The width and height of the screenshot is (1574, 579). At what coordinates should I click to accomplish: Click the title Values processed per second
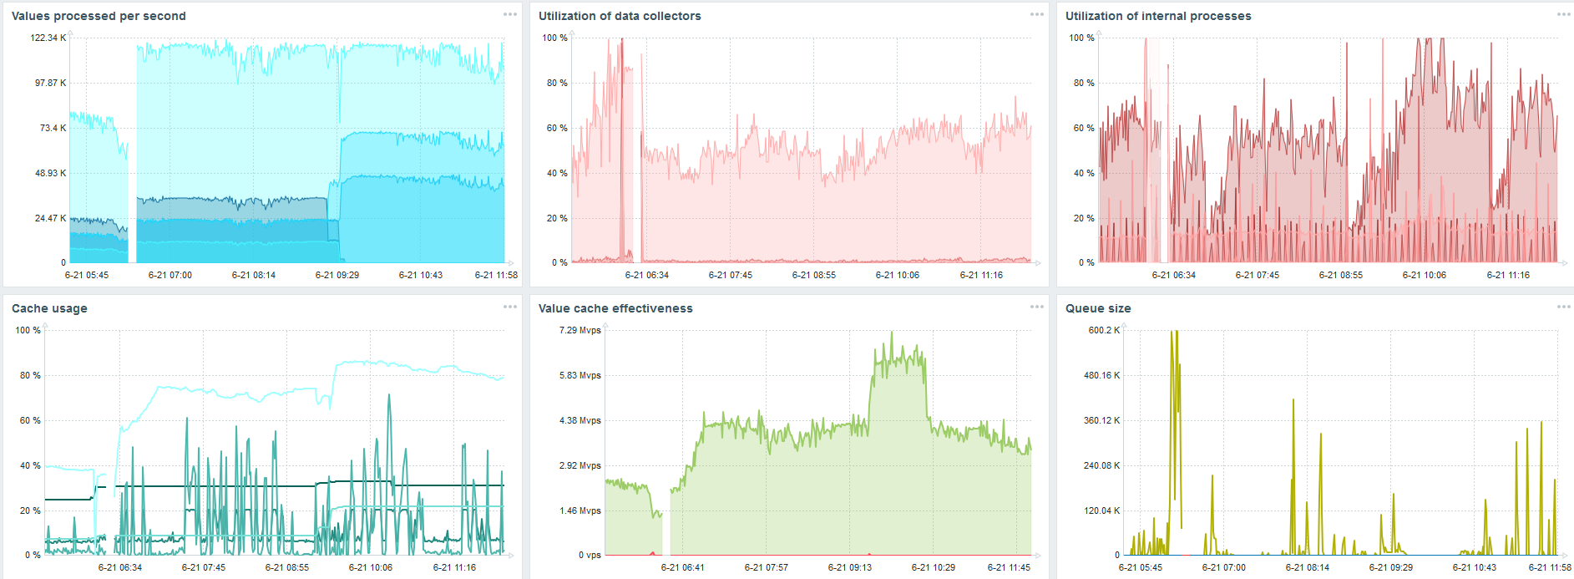pyautogui.click(x=99, y=16)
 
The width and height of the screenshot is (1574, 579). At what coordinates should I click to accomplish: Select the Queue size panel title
pyautogui.click(x=1098, y=308)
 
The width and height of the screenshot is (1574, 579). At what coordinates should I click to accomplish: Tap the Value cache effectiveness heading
pyautogui.click(x=615, y=308)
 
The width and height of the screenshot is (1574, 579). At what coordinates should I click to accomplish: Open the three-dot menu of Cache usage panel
pyautogui.click(x=510, y=307)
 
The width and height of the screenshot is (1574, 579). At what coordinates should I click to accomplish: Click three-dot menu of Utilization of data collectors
pyautogui.click(x=1037, y=14)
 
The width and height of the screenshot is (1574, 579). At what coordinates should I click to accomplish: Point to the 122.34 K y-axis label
pyautogui.click(x=48, y=38)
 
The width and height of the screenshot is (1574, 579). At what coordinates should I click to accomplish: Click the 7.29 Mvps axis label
pyautogui.click(x=580, y=330)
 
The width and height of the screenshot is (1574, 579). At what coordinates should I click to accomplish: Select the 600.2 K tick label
pyautogui.click(x=1104, y=330)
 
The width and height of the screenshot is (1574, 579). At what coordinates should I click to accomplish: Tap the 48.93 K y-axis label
pyautogui.click(x=50, y=173)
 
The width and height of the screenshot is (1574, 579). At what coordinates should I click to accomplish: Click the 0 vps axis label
pyautogui.click(x=590, y=555)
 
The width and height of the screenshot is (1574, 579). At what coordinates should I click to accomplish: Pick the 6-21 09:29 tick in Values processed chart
pyautogui.click(x=337, y=275)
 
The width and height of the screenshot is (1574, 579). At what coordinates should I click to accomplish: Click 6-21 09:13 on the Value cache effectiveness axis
pyautogui.click(x=849, y=567)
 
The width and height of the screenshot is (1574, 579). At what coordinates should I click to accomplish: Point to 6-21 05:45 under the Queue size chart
pyautogui.click(x=1140, y=567)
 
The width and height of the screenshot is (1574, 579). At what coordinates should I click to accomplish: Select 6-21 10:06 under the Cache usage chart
pyautogui.click(x=371, y=567)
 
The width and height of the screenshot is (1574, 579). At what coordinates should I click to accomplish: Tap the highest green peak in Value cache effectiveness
pyautogui.click(x=892, y=334)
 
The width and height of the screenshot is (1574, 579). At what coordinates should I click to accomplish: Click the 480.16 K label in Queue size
pyautogui.click(x=1102, y=375)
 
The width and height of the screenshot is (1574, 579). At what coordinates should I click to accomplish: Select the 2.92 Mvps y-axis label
pyautogui.click(x=580, y=465)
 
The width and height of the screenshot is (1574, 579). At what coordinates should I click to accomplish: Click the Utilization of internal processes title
pyautogui.click(x=1158, y=16)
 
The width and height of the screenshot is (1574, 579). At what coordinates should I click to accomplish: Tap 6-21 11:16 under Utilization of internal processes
pyautogui.click(x=1508, y=275)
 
